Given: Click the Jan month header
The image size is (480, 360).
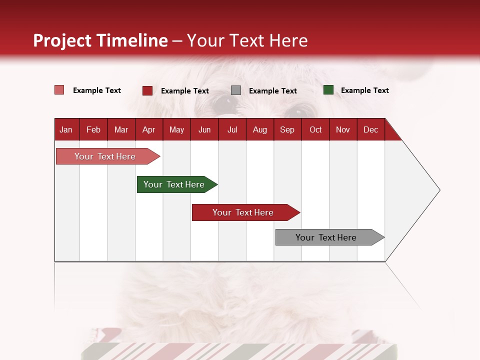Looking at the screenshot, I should [x=66, y=129].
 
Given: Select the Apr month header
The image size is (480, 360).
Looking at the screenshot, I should [x=148, y=129].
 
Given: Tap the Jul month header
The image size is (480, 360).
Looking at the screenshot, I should [x=232, y=129].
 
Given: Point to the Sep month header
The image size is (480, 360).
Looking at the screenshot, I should [x=287, y=129].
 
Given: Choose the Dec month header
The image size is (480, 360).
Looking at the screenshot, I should [x=370, y=129].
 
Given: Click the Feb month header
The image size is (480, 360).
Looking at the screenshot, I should [x=93, y=129].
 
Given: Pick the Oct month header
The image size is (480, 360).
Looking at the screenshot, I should [x=315, y=129].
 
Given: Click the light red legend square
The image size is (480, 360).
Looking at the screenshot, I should [x=59, y=90].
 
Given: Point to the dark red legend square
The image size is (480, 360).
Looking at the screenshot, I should [x=147, y=90].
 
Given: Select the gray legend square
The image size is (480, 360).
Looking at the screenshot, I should [x=236, y=90].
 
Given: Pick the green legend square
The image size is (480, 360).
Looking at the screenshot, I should [x=328, y=90].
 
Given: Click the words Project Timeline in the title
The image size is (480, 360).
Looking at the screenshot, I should [x=100, y=40].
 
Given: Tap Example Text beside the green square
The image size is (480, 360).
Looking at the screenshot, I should [x=364, y=90].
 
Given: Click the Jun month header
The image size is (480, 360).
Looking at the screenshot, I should [x=204, y=129].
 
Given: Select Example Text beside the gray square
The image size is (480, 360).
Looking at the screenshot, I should [x=272, y=91].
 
